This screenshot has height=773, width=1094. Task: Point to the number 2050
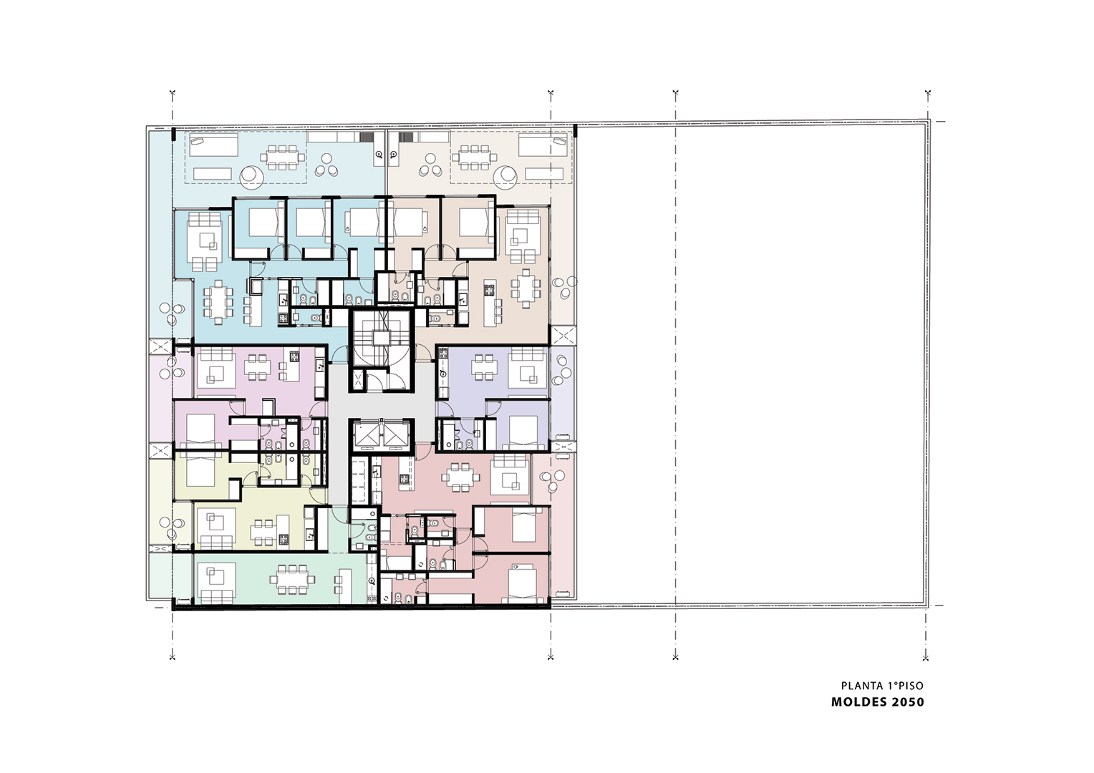coord(907,702)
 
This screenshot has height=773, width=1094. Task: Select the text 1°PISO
coord(905,686)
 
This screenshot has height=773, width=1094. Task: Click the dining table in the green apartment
coord(291,579)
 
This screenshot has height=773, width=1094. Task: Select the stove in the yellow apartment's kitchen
coord(284,539)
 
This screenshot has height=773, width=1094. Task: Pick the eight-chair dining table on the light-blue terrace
coord(283,157)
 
